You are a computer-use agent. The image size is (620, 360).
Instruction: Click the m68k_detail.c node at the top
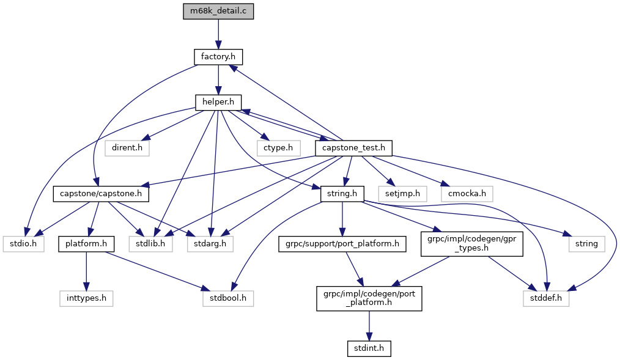tap(218, 12)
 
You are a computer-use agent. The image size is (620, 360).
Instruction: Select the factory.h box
tap(218, 57)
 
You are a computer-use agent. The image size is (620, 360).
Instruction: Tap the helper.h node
tap(218, 103)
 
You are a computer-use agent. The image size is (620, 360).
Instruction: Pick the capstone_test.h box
tap(353, 148)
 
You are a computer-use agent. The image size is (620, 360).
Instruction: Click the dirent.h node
tap(127, 148)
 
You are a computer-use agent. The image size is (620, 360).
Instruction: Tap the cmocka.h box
tap(466, 194)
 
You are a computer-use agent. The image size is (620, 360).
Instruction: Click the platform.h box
tap(86, 244)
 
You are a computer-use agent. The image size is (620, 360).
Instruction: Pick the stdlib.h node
tap(150, 244)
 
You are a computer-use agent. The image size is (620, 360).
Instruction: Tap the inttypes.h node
tap(86, 299)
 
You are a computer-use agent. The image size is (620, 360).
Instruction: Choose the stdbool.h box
tap(227, 299)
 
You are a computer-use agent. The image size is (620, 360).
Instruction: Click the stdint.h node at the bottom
tap(368, 348)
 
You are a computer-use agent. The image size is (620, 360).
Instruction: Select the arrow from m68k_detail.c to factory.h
tap(218, 34)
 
